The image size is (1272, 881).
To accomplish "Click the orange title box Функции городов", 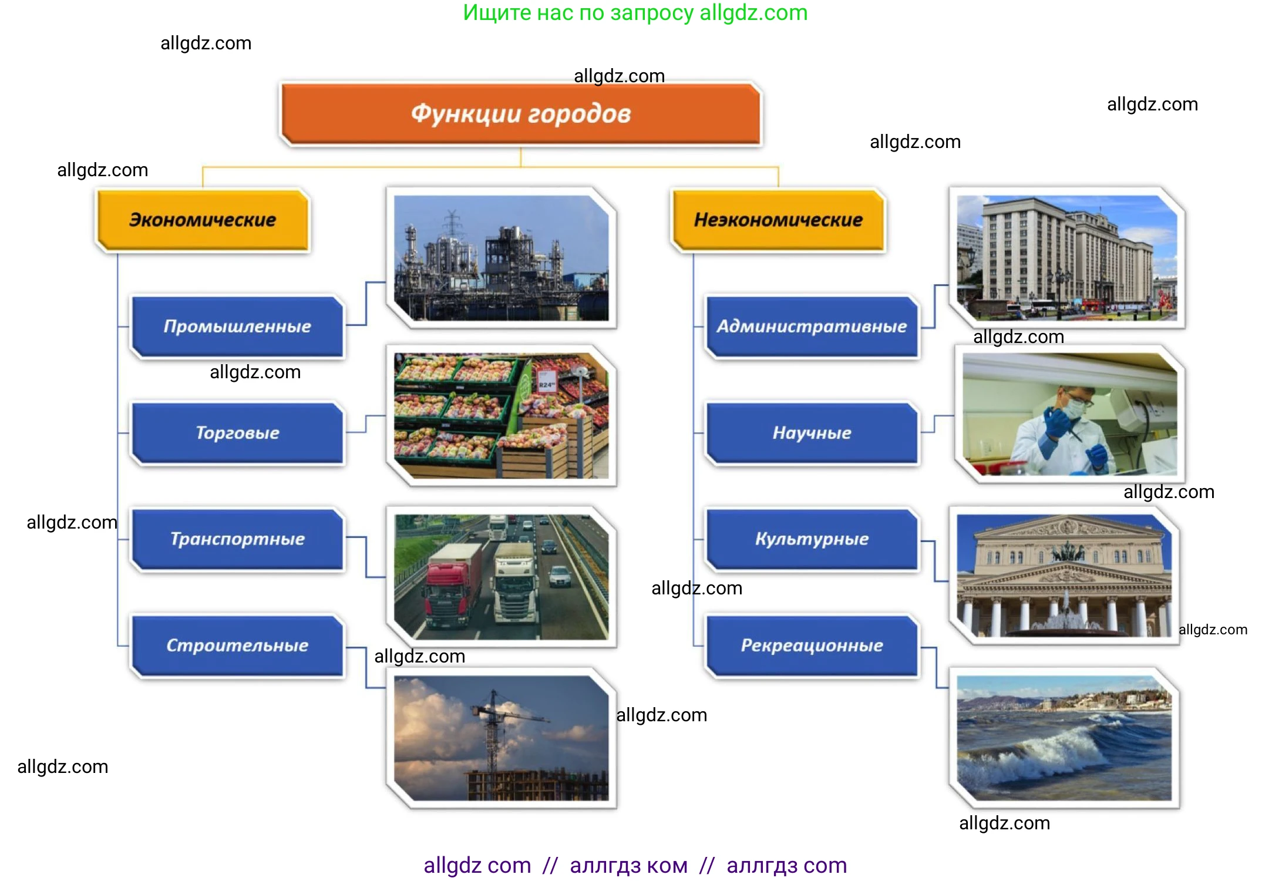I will (520, 114).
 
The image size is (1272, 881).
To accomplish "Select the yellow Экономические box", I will (203, 220).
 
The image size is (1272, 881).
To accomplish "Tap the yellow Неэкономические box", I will (778, 220).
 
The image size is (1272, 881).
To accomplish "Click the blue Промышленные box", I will (237, 326).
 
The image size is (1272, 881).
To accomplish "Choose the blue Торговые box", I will (237, 433).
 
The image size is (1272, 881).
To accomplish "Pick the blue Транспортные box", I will (237, 539).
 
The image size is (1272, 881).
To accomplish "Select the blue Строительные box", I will (237, 645).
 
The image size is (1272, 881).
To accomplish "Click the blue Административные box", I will (812, 326).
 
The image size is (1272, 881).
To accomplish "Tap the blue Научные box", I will (812, 433).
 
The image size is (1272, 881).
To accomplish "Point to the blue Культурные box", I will (812, 539).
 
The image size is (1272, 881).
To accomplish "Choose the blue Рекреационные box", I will (812, 645).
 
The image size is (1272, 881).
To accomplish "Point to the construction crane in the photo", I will (493, 728).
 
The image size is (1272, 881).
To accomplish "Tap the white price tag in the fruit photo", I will (547, 381).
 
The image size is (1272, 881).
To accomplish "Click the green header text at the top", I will (635, 12).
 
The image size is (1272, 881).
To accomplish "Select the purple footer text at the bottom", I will (635, 865).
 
